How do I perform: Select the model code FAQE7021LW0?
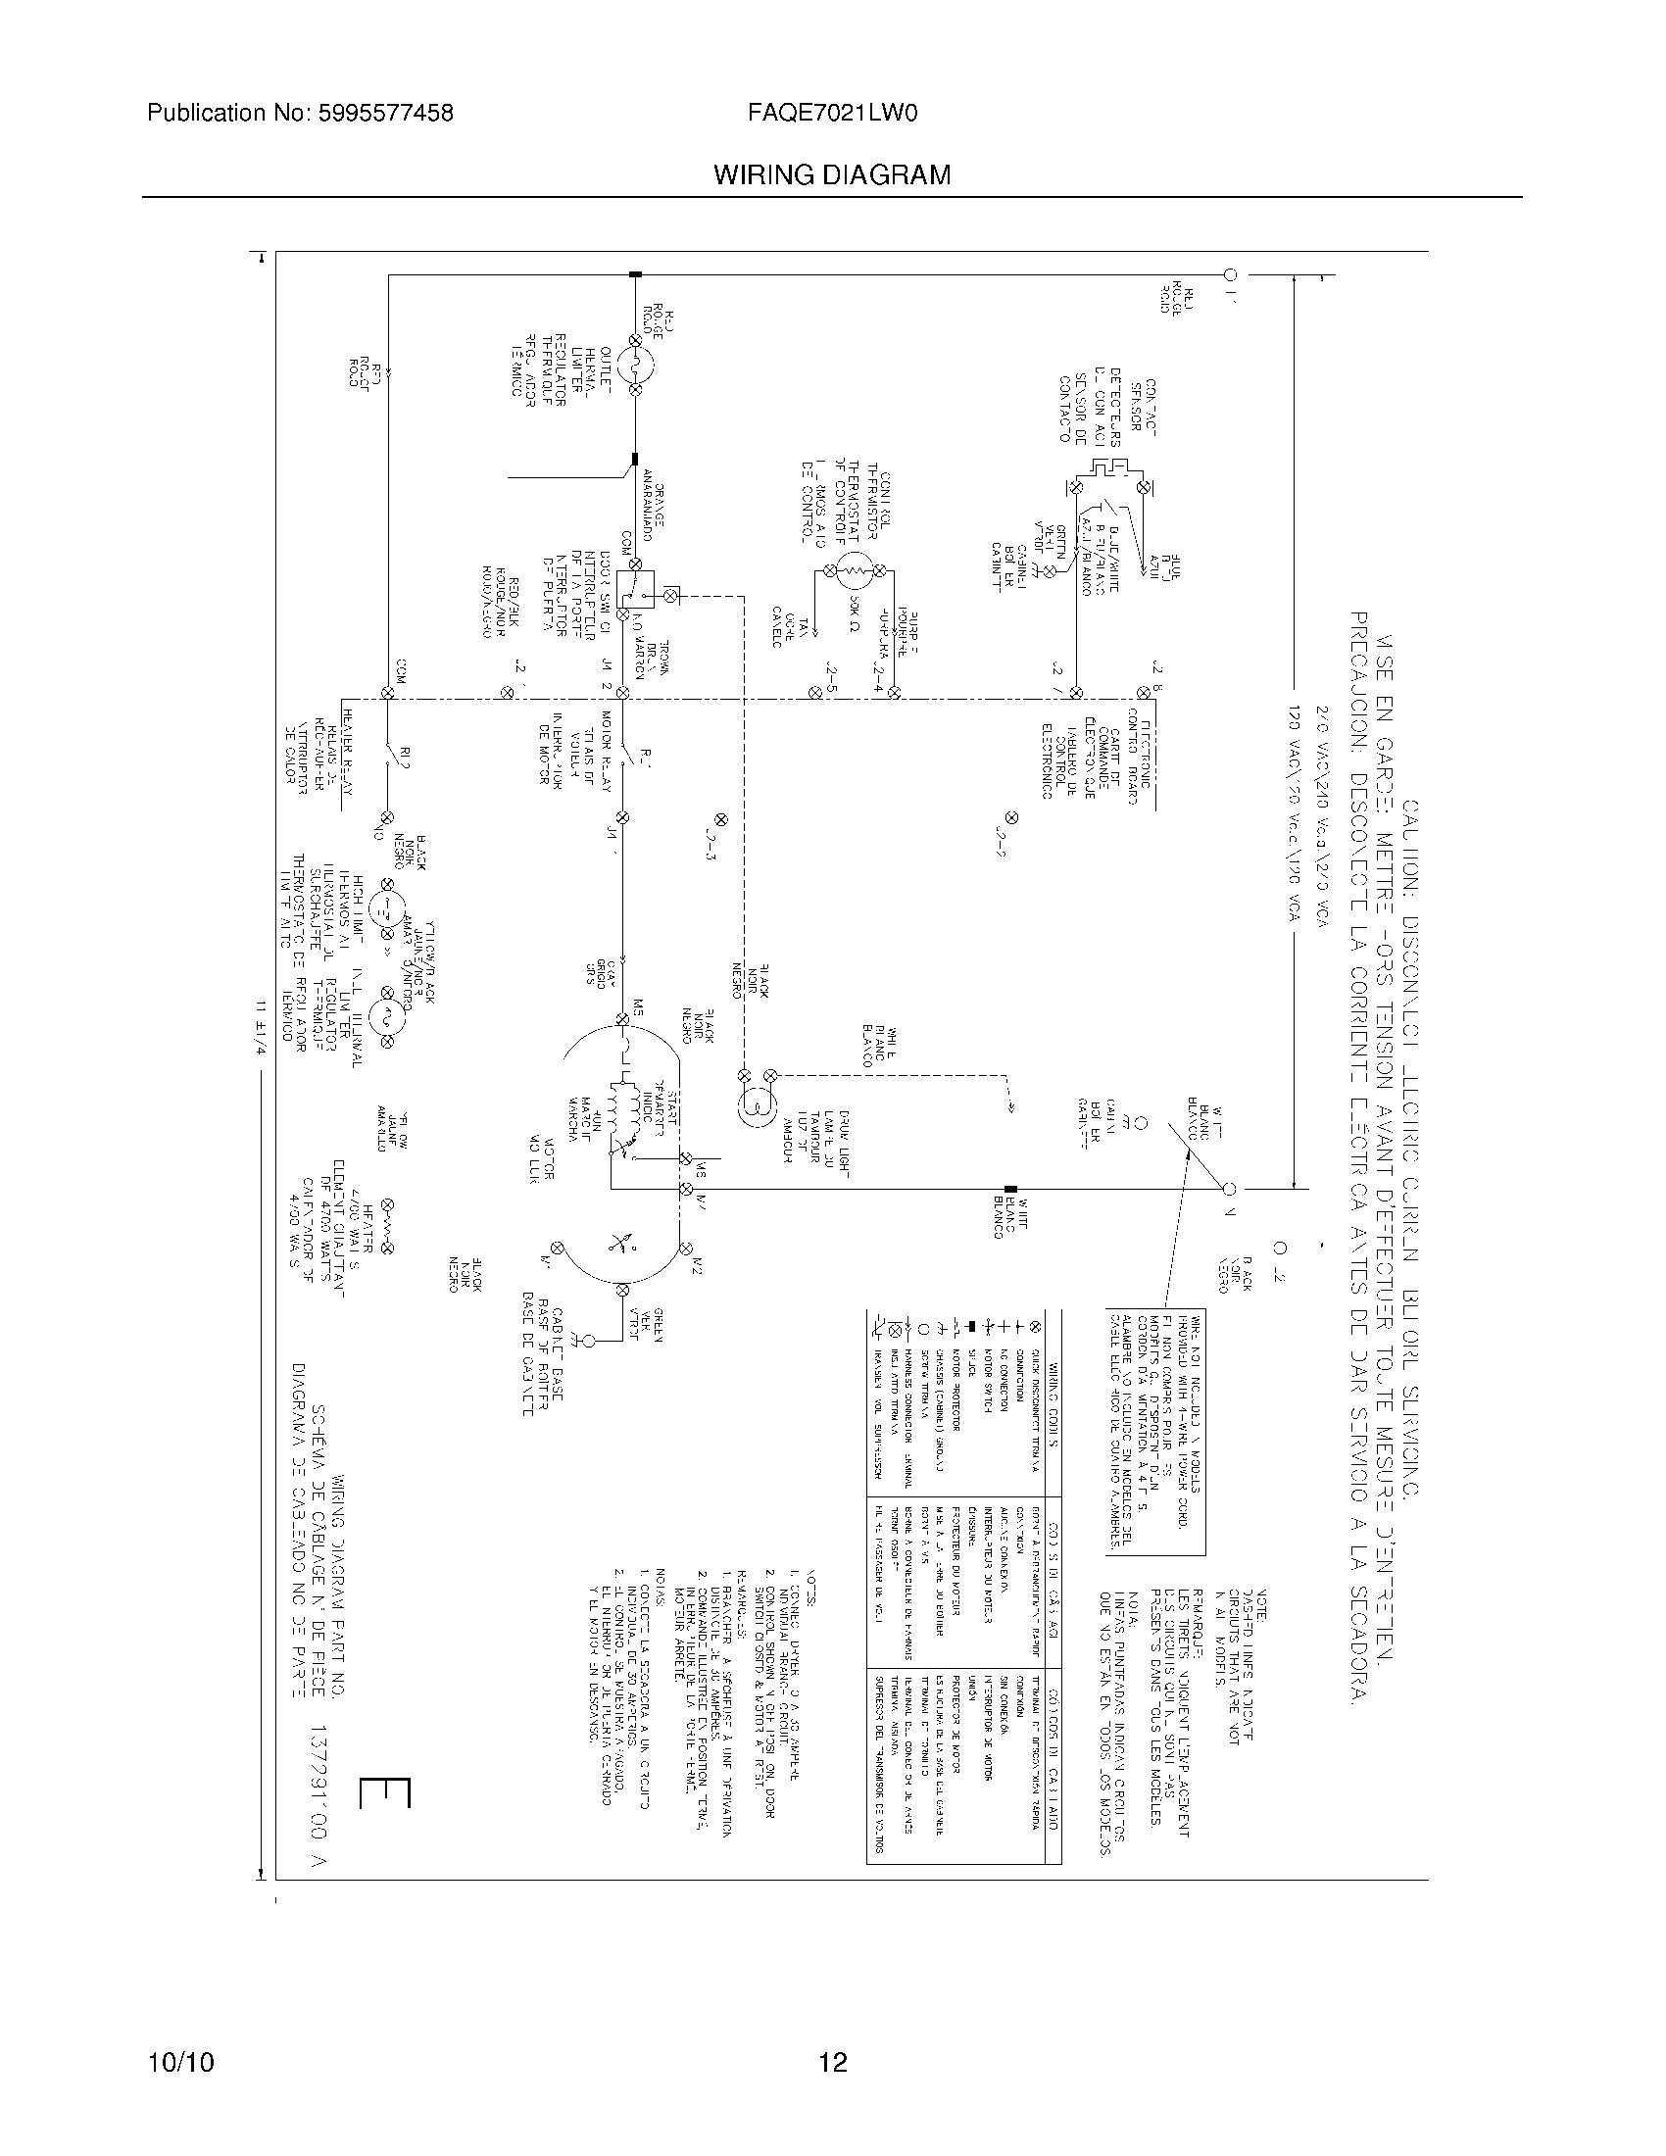(834, 114)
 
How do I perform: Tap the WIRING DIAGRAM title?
(832, 175)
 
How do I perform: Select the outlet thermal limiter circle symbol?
(635, 367)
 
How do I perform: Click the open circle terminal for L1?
(1230, 274)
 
